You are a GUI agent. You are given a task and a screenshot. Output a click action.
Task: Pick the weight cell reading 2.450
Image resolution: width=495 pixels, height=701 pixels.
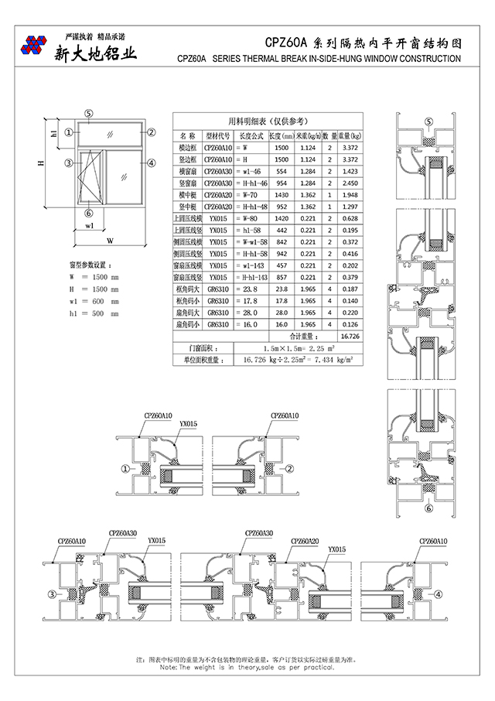point(350,183)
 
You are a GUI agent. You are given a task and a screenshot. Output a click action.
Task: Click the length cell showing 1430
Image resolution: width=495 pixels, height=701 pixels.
point(282,196)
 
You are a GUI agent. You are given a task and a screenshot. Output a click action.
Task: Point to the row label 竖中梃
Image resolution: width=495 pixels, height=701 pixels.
point(186,207)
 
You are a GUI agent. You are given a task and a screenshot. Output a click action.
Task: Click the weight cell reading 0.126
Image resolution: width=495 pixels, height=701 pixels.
point(350,325)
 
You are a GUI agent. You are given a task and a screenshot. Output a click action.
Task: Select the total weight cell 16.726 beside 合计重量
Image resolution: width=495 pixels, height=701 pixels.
point(350,337)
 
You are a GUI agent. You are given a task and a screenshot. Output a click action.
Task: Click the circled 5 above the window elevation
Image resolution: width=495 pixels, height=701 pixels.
point(89,113)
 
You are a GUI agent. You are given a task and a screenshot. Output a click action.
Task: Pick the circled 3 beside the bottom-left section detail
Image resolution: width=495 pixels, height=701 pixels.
point(52,593)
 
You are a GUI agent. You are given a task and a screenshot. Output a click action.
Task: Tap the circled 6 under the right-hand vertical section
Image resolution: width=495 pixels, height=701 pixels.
point(428,508)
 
